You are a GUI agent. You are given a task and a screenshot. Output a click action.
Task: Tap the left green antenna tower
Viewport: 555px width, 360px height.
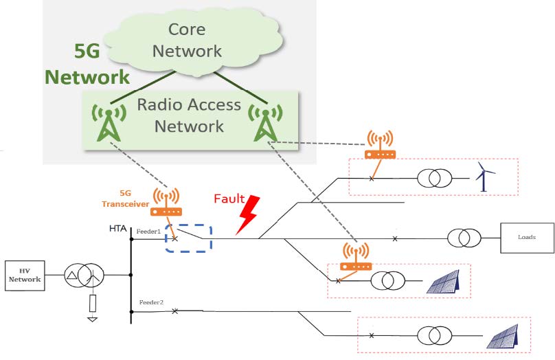coord(106,123)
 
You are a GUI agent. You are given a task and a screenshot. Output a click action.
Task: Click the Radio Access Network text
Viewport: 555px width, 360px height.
coord(189,115)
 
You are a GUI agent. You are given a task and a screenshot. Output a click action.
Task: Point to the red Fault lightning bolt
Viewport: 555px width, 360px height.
coord(247,214)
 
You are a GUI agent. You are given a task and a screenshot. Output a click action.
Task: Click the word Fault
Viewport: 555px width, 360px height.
coord(229,199)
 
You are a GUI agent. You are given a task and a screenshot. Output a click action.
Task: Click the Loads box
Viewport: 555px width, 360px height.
coord(527,238)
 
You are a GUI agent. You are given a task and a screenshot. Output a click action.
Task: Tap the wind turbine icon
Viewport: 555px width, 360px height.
coord(485,177)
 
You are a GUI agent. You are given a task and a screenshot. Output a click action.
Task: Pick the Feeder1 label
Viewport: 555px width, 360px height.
coord(149,232)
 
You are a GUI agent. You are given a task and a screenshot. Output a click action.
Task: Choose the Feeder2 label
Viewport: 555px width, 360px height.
coord(151,302)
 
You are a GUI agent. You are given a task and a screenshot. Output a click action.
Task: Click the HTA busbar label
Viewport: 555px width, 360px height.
coord(117,228)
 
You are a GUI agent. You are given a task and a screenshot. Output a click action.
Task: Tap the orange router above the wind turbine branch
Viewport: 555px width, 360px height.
coord(380,146)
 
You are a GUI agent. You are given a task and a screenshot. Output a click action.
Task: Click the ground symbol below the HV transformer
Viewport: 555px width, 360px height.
coord(92,317)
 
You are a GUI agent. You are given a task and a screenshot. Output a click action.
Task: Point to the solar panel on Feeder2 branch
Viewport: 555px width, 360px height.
coord(504,336)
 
